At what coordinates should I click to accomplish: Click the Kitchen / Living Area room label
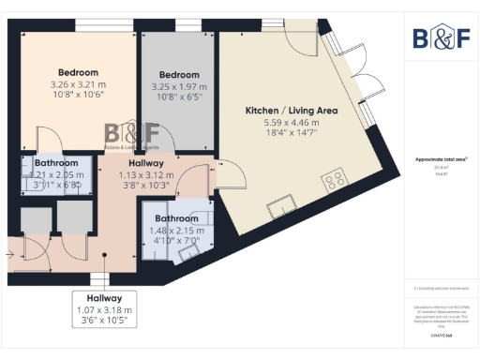click(x=282, y=111)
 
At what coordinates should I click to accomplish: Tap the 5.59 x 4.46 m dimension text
click(x=282, y=122)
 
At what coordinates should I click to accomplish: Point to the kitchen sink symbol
click(x=280, y=199)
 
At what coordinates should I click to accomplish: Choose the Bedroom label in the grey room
click(x=178, y=75)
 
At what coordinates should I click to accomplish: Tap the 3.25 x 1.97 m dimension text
click(x=178, y=86)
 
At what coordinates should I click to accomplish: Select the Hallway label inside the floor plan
click(x=145, y=163)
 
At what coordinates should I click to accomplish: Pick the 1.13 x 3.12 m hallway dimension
click(x=145, y=174)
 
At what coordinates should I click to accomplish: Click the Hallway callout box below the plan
click(x=106, y=308)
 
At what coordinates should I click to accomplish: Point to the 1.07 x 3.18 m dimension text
click(x=106, y=309)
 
